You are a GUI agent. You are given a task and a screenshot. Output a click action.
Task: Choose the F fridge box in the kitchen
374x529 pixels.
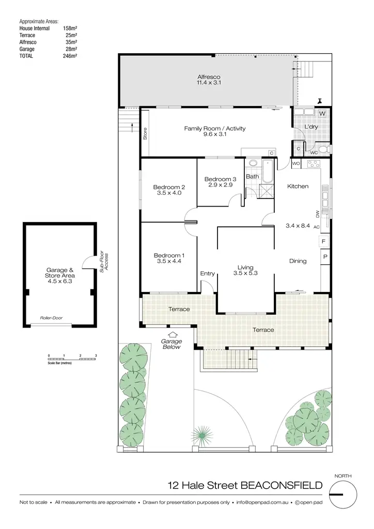point(324,241)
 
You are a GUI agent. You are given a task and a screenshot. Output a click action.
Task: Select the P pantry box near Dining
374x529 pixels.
point(324,257)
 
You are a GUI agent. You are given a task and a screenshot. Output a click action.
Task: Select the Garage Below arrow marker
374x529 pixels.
point(172,336)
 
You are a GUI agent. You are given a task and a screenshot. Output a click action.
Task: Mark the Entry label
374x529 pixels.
point(207,274)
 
